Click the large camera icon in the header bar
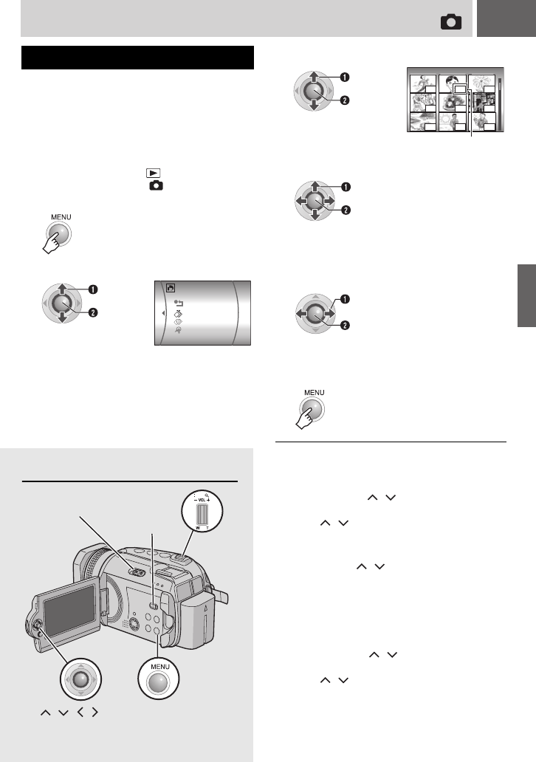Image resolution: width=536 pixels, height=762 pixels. tap(451, 22)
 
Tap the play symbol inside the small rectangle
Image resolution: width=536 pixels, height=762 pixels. tap(154, 173)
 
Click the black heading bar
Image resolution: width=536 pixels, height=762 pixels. tap(137, 58)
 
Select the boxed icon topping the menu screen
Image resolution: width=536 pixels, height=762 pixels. tap(170, 288)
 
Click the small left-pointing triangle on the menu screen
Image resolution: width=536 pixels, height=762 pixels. tap(163, 313)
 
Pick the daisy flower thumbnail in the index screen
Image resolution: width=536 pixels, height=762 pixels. tap(481, 83)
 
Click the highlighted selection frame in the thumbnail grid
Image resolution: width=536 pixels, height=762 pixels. tap(460, 89)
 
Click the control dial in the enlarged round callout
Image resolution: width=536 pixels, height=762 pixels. tap(81, 679)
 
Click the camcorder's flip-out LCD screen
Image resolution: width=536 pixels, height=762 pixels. tap(70, 609)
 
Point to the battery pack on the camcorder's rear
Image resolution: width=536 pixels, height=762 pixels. tap(199, 618)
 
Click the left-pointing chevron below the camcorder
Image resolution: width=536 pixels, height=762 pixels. tap(80, 713)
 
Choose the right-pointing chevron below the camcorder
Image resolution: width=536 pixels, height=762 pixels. tap(95, 713)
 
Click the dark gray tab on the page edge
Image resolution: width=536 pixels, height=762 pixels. tap(526, 295)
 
